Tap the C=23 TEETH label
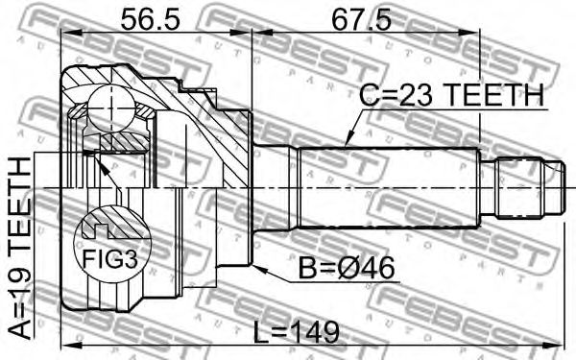[x=451, y=94]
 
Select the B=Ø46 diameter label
[x=347, y=268]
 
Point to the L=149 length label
[x=297, y=332]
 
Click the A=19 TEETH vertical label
[x=19, y=248]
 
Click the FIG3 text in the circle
[x=109, y=259]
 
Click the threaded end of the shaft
[x=529, y=188]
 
